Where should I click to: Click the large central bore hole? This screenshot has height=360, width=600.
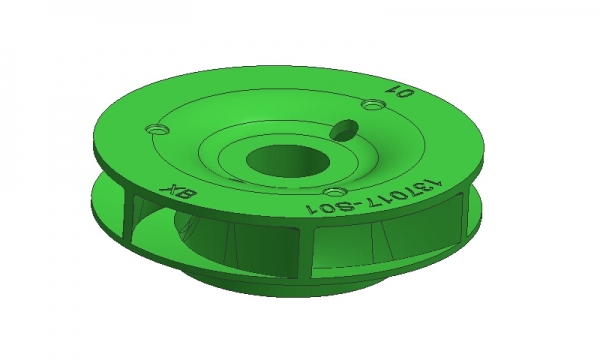pyautogui.click(x=288, y=161)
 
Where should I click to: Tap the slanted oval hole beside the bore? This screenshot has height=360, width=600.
pyautogui.click(x=344, y=130)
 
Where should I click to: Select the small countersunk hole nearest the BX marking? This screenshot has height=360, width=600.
pyautogui.click(x=158, y=129)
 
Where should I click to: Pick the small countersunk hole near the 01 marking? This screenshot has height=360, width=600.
pyautogui.click(x=373, y=104)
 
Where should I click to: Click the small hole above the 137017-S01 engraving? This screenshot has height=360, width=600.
pyautogui.click(x=335, y=191)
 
